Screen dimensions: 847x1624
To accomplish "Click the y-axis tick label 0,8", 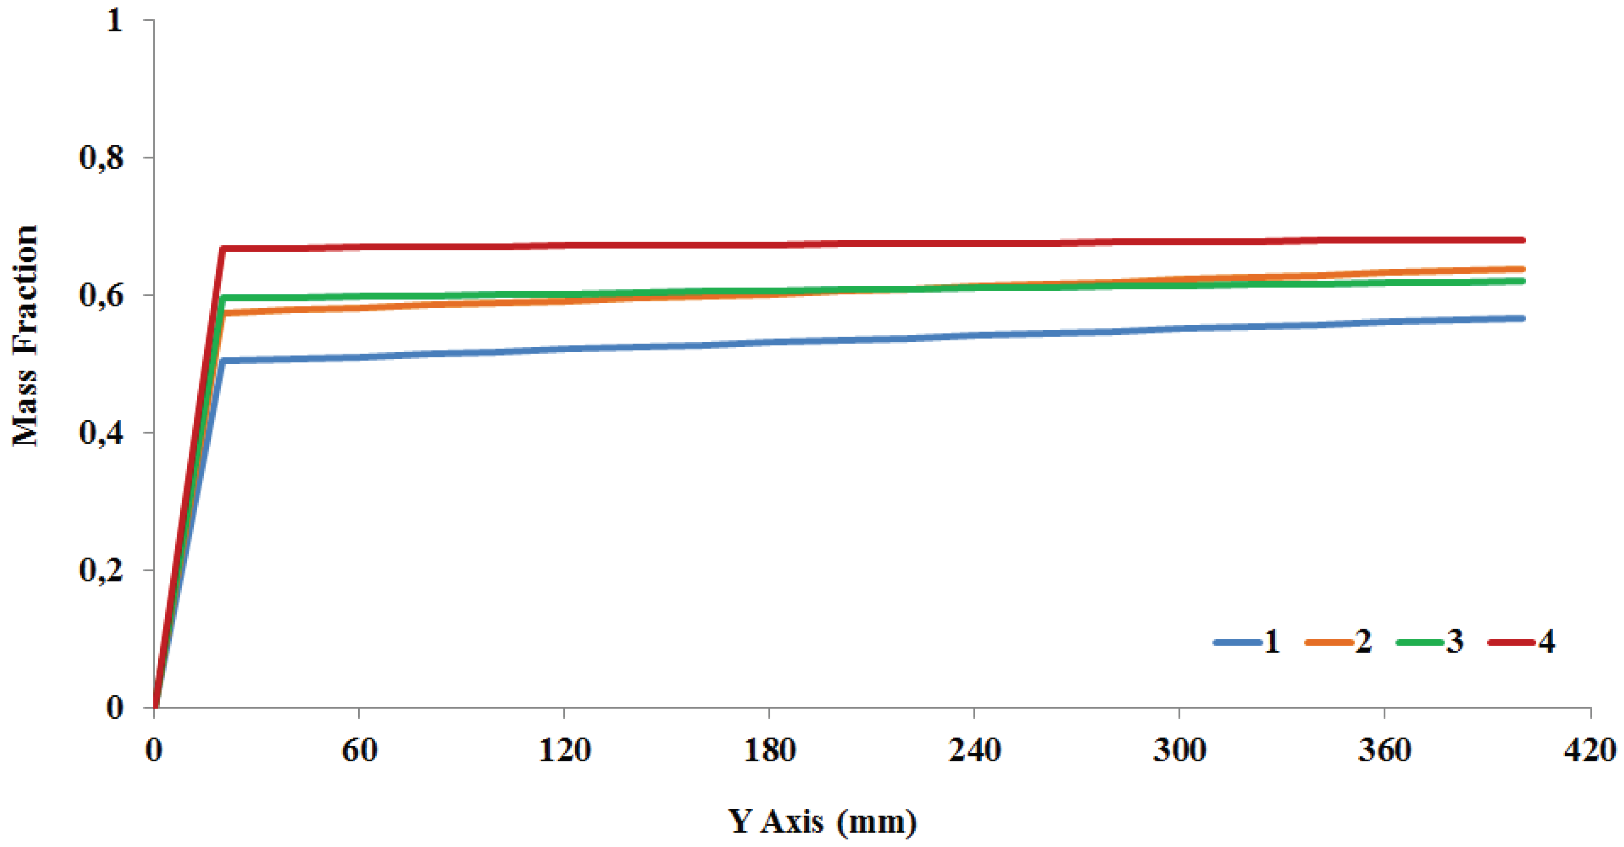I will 101,157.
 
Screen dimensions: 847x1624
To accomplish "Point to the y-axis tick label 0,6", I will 101,295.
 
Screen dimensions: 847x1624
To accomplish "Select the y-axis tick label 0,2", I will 101,570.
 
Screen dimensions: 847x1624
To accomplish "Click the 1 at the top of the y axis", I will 114,20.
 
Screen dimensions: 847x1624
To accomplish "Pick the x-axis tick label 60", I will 359,751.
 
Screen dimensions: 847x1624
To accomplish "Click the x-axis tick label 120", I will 564,751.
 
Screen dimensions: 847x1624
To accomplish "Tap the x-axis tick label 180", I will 769,751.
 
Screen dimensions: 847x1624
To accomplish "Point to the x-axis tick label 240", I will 975,751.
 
